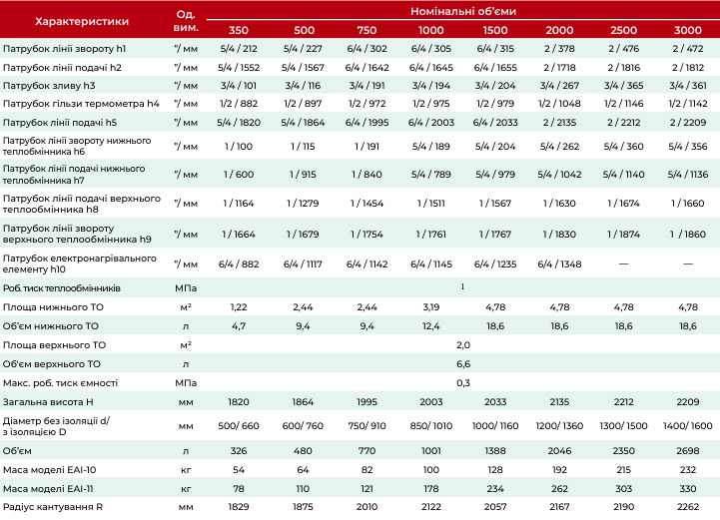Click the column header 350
pyautogui.click(x=239, y=30)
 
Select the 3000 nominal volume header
pyautogui.click(x=687, y=30)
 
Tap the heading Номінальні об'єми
pyautogui.click(x=463, y=11)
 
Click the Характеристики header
pyautogui.click(x=82, y=21)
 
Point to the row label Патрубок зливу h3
pyautogui.click(x=49, y=86)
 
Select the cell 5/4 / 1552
pyautogui.click(x=239, y=68)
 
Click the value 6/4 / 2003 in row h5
pyautogui.click(x=431, y=123)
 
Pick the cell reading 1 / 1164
pyautogui.click(x=239, y=204)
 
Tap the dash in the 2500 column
pyautogui.click(x=623, y=263)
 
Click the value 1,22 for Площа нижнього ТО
pyautogui.click(x=239, y=307)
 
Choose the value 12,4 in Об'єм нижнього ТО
pyautogui.click(x=431, y=326)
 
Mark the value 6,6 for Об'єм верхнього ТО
pyautogui.click(x=463, y=364)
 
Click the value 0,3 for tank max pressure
pyautogui.click(x=463, y=383)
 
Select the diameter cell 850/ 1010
pyautogui.click(x=431, y=426)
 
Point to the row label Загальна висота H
pyautogui.click(x=48, y=402)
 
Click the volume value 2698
pyautogui.click(x=688, y=451)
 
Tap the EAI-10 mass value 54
pyautogui.click(x=239, y=469)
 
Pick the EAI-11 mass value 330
pyautogui.click(x=688, y=489)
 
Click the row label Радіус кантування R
pyautogui.click(x=53, y=507)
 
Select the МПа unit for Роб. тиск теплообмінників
pyautogui.click(x=186, y=288)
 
